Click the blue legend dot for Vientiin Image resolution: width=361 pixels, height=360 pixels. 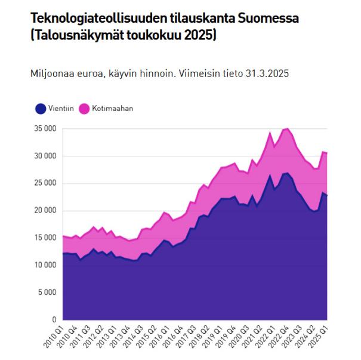[x=41, y=109]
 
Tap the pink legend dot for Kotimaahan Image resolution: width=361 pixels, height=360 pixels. [x=82, y=109]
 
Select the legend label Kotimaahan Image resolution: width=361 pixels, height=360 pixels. [x=113, y=109]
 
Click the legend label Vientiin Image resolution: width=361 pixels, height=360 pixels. [x=61, y=109]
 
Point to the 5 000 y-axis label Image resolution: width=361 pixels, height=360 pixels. [x=47, y=292]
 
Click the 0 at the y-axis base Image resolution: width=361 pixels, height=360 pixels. [x=54, y=319]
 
